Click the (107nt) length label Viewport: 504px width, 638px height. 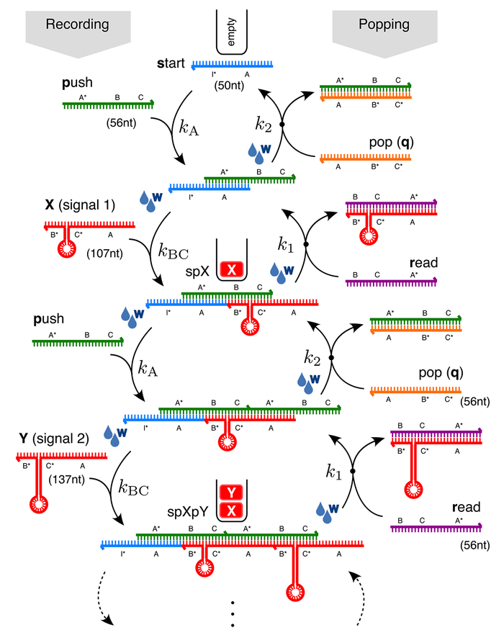103,253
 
